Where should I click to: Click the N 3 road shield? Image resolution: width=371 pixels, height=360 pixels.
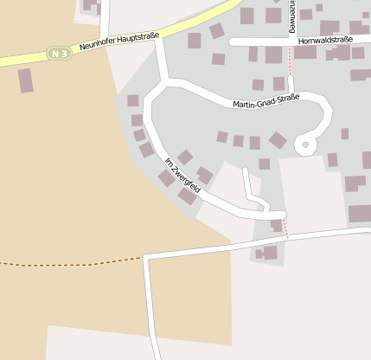click(59, 54)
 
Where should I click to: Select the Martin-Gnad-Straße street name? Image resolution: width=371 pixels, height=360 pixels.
click(265, 102)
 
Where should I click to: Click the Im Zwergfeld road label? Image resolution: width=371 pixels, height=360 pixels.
click(182, 175)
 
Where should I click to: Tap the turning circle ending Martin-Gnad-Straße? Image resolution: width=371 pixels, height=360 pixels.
click(305, 145)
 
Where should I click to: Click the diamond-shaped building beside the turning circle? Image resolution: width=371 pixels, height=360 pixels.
click(278, 140)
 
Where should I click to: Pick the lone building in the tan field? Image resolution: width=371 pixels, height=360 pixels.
click(26, 80)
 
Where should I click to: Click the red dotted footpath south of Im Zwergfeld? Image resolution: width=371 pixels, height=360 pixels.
click(286, 224)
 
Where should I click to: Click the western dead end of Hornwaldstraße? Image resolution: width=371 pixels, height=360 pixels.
click(233, 41)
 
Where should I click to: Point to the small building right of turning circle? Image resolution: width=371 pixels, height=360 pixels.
click(344, 133)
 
